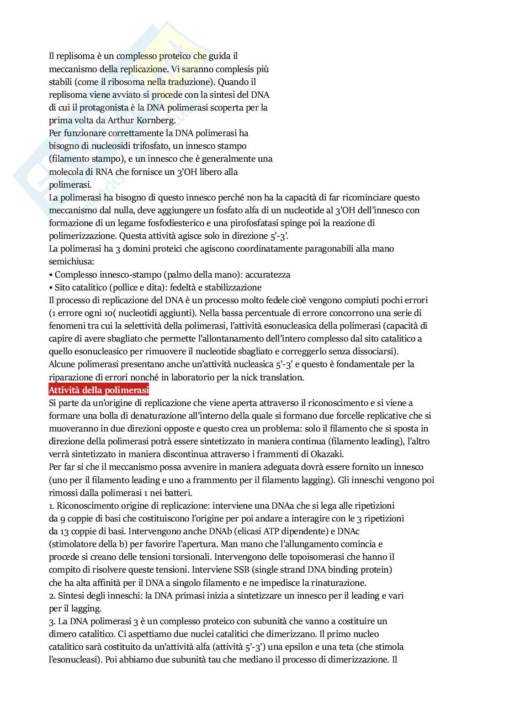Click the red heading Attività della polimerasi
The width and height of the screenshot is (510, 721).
coord(99,390)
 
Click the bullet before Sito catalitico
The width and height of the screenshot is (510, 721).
coord(51,288)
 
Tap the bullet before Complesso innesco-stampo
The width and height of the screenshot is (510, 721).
coord(51,275)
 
